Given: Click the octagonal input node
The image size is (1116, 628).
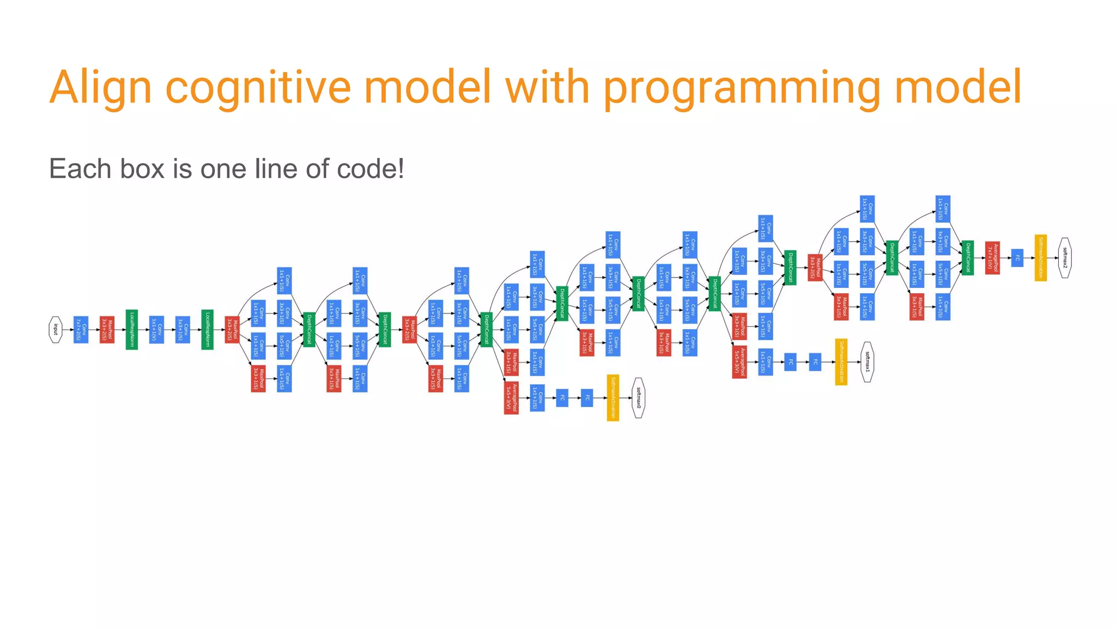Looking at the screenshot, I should [55, 330].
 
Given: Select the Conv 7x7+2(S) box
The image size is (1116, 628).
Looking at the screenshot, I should [81, 330].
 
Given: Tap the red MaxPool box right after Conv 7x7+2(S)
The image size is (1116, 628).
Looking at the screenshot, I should [107, 330].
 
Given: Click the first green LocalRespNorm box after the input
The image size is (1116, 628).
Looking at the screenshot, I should [132, 330].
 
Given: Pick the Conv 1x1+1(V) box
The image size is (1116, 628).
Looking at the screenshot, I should [157, 330].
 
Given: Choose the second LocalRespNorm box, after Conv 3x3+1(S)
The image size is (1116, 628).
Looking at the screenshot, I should [207, 330].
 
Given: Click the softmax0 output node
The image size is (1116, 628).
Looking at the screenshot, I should [639, 398].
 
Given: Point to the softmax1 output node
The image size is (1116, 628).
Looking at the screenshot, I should [867, 362].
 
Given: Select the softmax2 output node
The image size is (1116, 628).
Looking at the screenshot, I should [1065, 258].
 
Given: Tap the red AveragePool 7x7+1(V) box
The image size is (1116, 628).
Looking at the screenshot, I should [992, 258].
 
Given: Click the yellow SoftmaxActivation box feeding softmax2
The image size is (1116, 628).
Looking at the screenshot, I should [1040, 258].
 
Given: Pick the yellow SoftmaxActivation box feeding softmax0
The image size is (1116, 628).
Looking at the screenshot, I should [613, 398].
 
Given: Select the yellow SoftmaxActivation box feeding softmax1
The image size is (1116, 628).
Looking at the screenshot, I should [841, 362].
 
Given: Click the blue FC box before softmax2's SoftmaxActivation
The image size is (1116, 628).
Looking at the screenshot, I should [1017, 258].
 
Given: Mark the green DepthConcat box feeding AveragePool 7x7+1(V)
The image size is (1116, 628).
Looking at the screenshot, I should [968, 258].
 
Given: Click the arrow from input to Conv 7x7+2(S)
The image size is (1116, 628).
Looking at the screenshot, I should [68, 330].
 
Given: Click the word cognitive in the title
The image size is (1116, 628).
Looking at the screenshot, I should [258, 87].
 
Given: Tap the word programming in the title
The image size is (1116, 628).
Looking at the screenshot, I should [742, 87].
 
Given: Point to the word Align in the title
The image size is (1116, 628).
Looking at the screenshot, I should [100, 87].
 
